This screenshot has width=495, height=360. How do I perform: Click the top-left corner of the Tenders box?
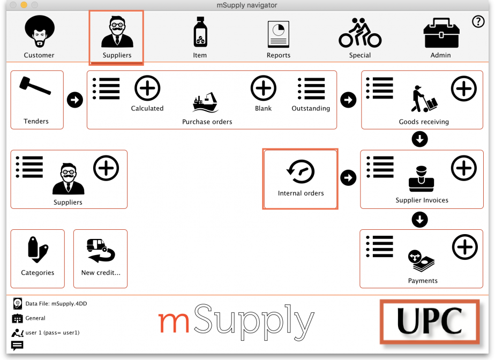11,71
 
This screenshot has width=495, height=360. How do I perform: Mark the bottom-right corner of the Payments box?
483,288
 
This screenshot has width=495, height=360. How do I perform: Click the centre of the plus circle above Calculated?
147,88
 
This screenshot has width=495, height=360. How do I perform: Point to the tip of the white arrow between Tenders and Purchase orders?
79,100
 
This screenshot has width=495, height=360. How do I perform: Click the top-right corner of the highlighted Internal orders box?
338,149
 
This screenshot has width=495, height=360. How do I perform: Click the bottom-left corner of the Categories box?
11,288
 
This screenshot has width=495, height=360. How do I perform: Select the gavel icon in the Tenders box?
35,85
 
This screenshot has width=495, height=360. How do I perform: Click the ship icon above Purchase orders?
205,102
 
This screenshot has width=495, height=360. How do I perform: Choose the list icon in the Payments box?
380,246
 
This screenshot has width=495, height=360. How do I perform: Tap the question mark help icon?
478,21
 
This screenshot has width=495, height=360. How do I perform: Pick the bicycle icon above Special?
360,33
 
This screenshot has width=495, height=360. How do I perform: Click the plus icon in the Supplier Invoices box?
464,168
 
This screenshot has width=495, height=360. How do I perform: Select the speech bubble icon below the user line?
17,346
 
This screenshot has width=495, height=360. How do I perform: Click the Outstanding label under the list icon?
311,108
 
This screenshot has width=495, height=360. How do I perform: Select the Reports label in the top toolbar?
279,55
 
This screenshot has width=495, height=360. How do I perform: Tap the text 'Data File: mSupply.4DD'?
56,303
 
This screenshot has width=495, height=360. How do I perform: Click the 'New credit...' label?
101,273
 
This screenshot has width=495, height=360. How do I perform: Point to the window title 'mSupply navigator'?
247,5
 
